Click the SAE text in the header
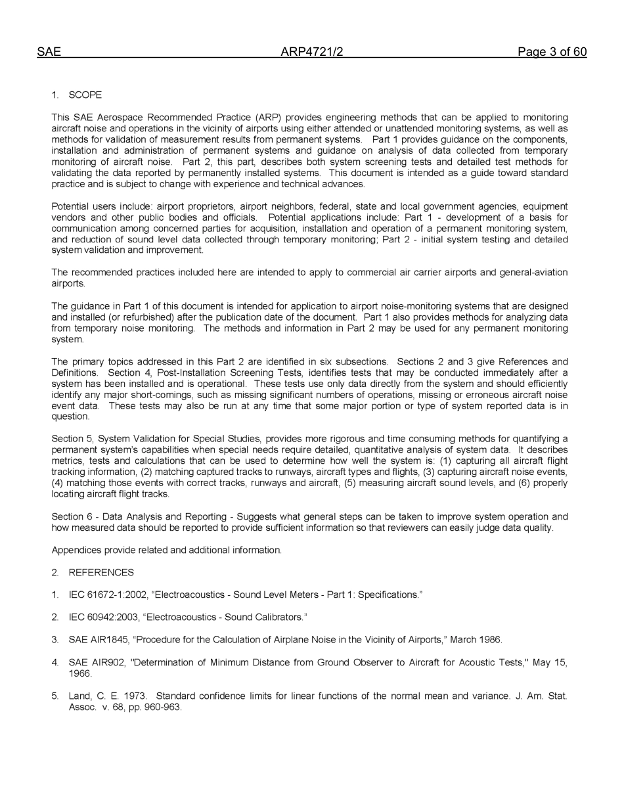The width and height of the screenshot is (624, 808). tap(49, 53)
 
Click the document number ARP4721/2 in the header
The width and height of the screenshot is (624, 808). tap(311, 53)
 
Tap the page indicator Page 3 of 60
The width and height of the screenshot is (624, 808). tap(552, 53)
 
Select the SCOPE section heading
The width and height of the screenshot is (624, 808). tap(85, 95)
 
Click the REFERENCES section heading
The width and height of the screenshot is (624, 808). tap(101, 572)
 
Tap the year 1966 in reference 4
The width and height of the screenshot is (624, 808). tap(80, 673)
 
